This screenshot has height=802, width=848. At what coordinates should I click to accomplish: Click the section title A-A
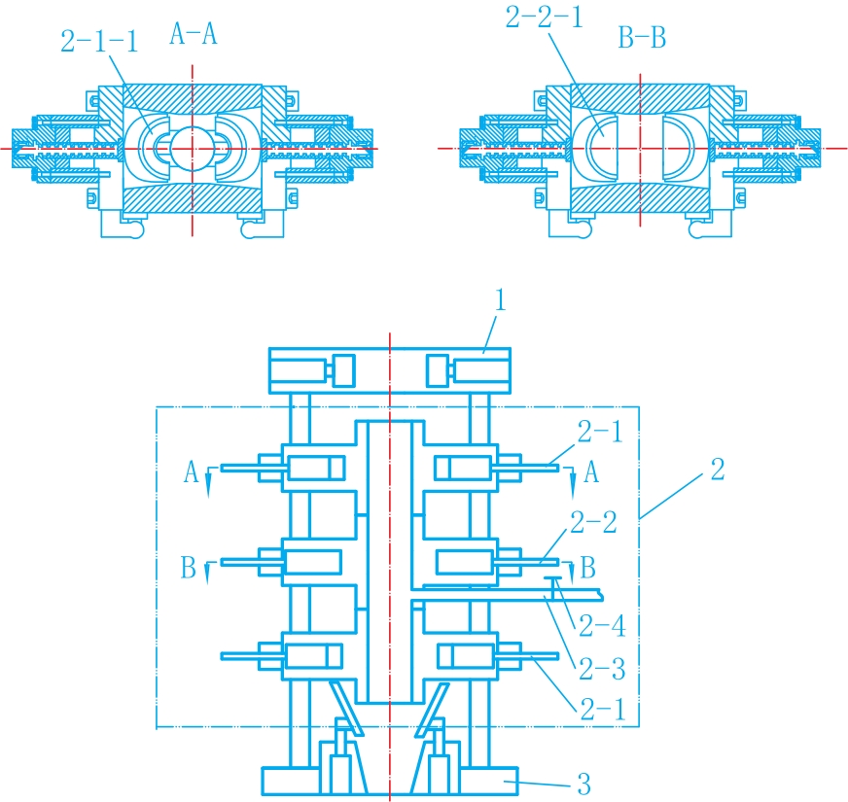click(194, 34)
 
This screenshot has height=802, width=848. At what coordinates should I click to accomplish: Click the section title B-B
click(642, 38)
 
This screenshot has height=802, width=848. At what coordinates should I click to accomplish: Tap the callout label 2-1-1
click(99, 41)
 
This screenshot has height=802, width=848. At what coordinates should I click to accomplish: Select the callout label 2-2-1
click(544, 17)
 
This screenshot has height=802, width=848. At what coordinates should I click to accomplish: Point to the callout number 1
click(500, 300)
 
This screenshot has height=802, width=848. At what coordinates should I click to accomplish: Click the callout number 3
click(584, 784)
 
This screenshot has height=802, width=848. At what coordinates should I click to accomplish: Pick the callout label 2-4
click(602, 626)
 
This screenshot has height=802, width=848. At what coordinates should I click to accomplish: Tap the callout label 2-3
click(602, 669)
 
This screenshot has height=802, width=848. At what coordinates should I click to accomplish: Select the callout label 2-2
click(593, 522)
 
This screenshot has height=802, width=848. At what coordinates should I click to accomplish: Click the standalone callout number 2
click(718, 469)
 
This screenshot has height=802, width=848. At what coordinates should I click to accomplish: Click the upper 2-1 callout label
click(600, 432)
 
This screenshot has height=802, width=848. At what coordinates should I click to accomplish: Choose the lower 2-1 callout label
click(603, 709)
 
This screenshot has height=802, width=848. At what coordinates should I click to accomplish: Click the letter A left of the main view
click(191, 472)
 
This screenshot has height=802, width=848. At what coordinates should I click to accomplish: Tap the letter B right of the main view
click(588, 568)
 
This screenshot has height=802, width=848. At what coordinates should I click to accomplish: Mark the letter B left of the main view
click(189, 568)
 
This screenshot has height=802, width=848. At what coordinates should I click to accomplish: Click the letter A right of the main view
click(591, 472)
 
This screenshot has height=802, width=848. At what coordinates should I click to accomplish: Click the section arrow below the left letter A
click(208, 484)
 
